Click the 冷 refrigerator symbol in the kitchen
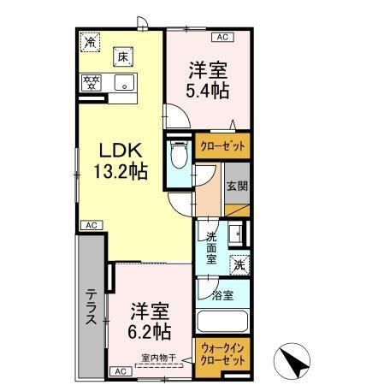90,40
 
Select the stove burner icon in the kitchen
92,83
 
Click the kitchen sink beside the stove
125,83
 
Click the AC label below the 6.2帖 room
120,370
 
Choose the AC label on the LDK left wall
90,224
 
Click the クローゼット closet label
222,147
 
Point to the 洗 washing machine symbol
242,265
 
